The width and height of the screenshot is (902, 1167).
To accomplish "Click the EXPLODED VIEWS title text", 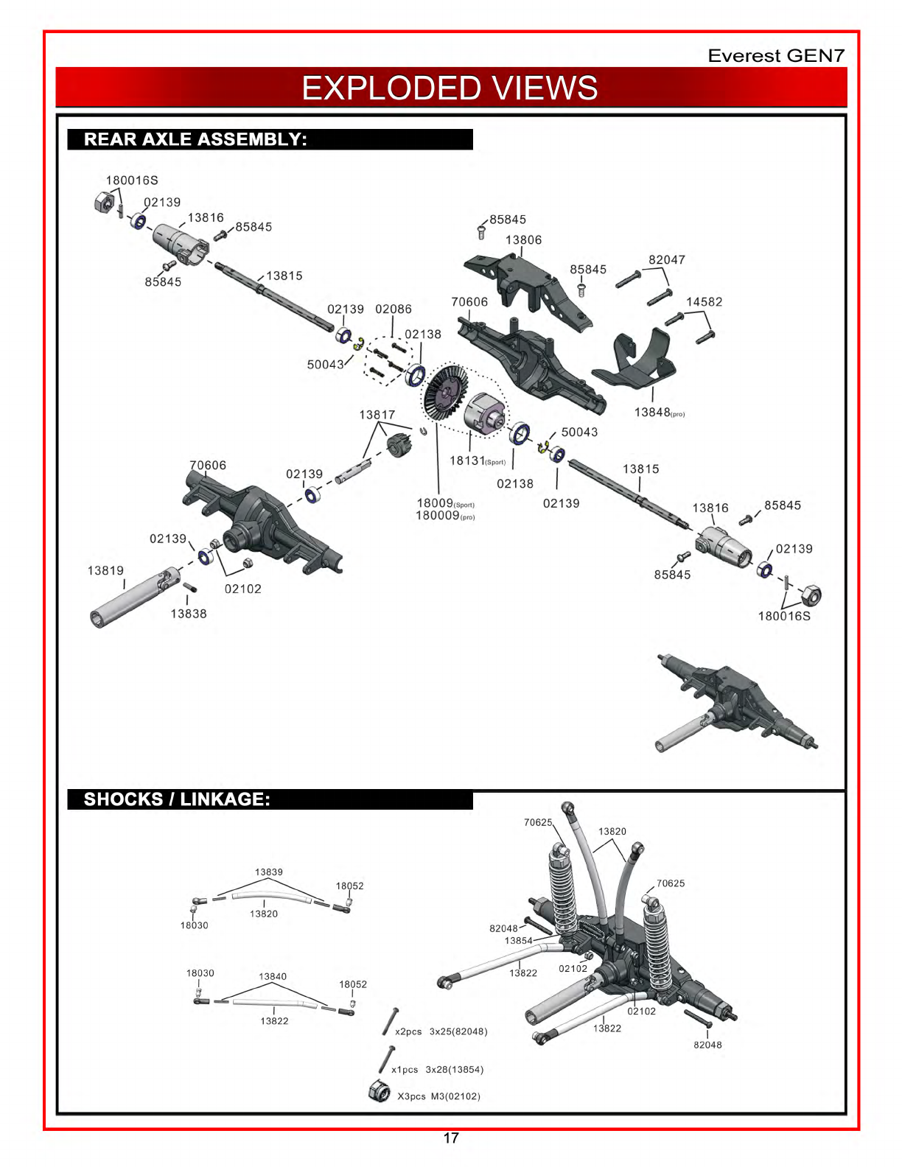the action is coord(450,88).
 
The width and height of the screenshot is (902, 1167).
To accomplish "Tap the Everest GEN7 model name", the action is coord(776,55).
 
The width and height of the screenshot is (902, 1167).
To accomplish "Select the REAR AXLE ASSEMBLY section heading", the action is coord(195,139).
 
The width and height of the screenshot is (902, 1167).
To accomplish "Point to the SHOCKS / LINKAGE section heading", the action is coord(177,799).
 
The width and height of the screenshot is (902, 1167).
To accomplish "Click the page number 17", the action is coord(451,1138).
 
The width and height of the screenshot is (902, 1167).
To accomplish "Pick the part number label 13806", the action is coord(523,240).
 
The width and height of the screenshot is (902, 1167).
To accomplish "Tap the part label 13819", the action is coord(105,570).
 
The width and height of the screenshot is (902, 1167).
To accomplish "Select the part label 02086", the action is coord(394,309).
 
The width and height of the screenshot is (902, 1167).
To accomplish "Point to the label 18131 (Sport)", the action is coord(477,460).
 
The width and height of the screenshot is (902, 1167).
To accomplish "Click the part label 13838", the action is coord(189,614).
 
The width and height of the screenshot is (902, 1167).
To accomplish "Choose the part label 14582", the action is coord(704,302).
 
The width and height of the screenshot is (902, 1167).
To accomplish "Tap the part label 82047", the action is coord(667,260).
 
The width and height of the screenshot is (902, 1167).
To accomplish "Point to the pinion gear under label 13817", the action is coord(399,445).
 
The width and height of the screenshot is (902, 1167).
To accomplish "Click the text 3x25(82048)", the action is coord(458,1031).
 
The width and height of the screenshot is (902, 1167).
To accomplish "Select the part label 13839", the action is coord(269,872).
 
